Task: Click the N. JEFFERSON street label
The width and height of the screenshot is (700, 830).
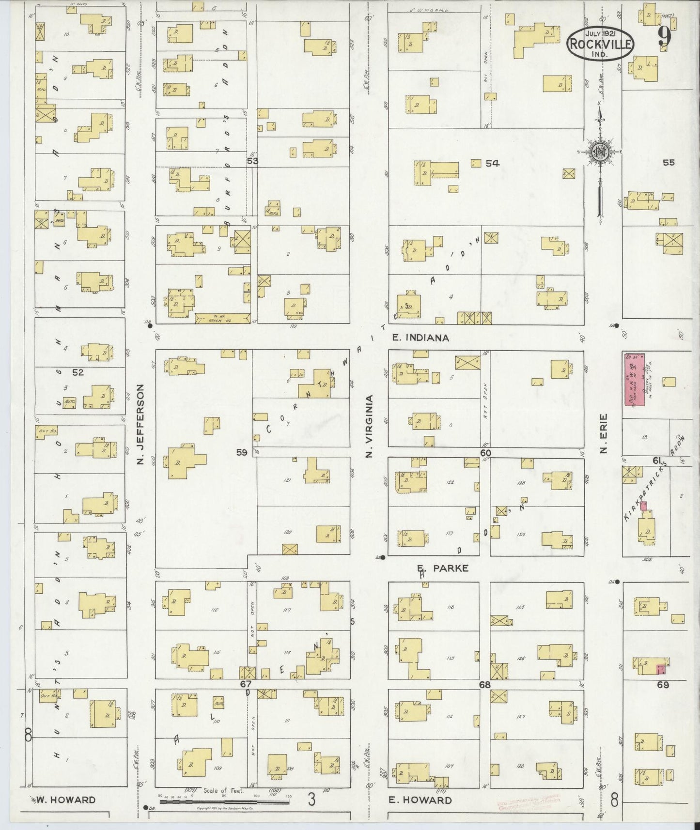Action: pyautogui.click(x=141, y=425)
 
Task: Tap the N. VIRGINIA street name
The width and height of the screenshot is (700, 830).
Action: pyautogui.click(x=369, y=426)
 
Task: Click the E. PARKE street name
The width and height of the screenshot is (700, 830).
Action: pyautogui.click(x=444, y=569)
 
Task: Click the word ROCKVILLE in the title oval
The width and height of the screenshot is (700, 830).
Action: pyautogui.click(x=600, y=44)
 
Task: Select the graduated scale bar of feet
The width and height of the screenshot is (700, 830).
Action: pyautogui.click(x=224, y=801)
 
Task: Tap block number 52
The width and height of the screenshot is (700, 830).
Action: pyautogui.click(x=78, y=372)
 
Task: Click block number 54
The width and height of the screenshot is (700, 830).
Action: pyautogui.click(x=492, y=164)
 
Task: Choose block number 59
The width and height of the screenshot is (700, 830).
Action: pyautogui.click(x=242, y=453)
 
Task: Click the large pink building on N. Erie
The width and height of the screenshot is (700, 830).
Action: pyautogui.click(x=634, y=379)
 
